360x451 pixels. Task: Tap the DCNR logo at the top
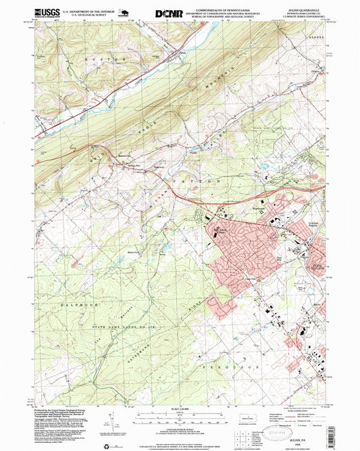tap(168, 12)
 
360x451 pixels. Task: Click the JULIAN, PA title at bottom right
tap(301, 420)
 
